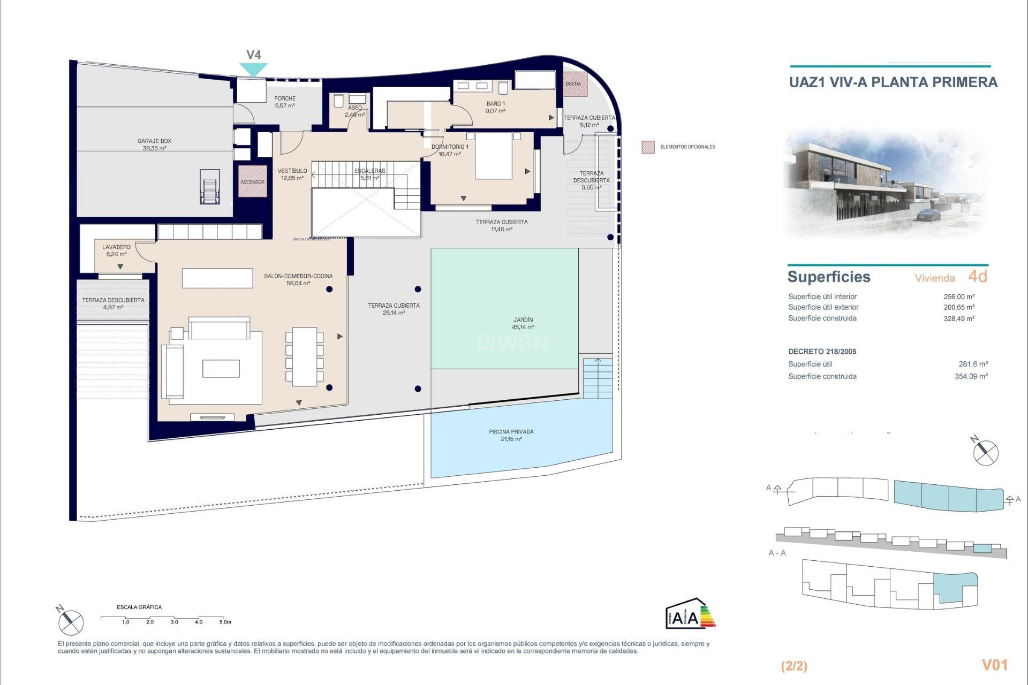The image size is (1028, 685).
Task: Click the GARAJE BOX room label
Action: (154, 144)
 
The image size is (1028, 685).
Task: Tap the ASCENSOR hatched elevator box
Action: (252, 181)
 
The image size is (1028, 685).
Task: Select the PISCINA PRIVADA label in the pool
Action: (511, 435)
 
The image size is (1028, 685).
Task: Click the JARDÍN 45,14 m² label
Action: (523, 323)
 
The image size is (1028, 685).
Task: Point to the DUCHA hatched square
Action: (575, 84)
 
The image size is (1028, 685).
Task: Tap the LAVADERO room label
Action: (116, 250)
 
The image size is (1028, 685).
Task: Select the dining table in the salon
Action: (304, 356)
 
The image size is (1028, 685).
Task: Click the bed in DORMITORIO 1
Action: (494, 156)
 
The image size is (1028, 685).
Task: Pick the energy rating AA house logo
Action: (690, 614)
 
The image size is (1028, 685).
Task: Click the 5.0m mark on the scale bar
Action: (225, 622)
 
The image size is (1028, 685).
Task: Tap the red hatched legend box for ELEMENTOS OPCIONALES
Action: (648, 147)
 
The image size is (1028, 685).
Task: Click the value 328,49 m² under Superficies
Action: (958, 318)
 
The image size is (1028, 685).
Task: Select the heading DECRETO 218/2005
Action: (822, 352)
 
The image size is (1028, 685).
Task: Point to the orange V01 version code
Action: (994, 665)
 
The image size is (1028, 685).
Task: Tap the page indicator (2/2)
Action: (794, 666)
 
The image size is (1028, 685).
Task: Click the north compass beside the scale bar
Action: (71, 622)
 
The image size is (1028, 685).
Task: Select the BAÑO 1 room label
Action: (495, 107)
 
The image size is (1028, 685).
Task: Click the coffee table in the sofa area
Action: (221, 369)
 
